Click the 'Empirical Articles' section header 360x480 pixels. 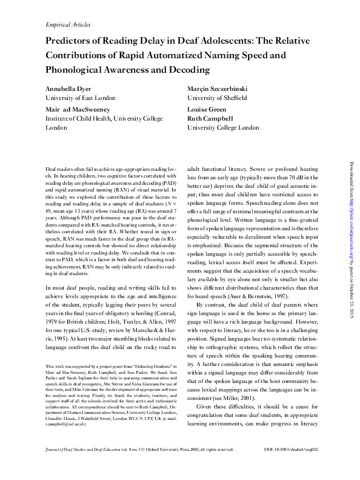(x=68, y=25)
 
